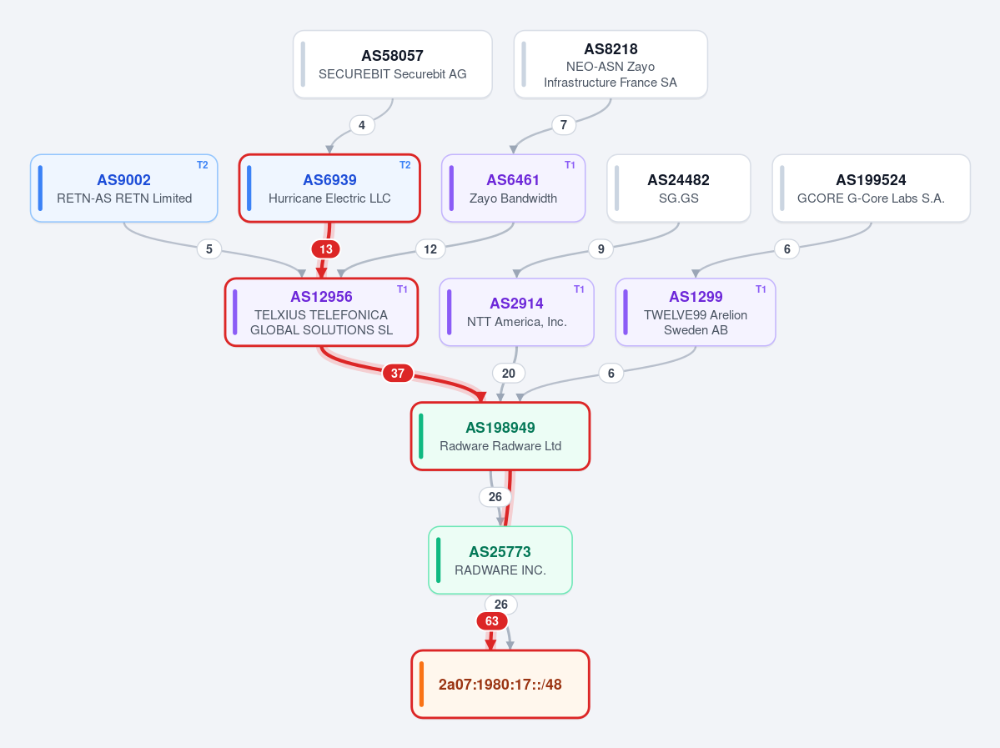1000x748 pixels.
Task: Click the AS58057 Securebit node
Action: pyautogui.click(x=392, y=64)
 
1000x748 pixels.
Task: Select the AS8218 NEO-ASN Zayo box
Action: pyautogui.click(x=611, y=64)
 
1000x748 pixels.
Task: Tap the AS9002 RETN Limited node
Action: pyautogui.click(x=123, y=188)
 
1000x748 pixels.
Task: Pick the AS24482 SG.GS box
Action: pyautogui.click(x=679, y=188)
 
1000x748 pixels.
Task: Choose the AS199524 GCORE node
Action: pyautogui.click(x=872, y=188)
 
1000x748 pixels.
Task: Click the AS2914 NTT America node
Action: pyautogui.click(x=516, y=313)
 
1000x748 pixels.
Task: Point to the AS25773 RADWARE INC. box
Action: pyautogui.click(x=500, y=560)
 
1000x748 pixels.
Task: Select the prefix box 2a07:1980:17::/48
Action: pyautogui.click(x=500, y=685)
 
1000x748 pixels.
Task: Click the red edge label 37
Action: pyautogui.click(x=397, y=373)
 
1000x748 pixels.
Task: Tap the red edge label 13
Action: pyautogui.click(x=326, y=248)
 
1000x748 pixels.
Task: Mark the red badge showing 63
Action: pyautogui.click(x=492, y=621)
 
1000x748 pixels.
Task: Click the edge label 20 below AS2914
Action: pyautogui.click(x=508, y=373)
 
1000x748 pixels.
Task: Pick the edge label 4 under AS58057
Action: pyautogui.click(x=362, y=125)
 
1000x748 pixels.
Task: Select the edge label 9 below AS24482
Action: pyautogui.click(x=601, y=248)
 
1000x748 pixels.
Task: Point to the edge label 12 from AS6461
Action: pyautogui.click(x=430, y=248)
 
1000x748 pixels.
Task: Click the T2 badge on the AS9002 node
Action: pyautogui.click(x=202, y=165)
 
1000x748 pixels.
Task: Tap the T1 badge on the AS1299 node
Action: pyautogui.click(x=761, y=289)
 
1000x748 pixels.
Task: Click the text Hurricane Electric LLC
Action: pyautogui.click(x=329, y=198)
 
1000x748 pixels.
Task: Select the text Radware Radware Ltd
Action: pyautogui.click(x=500, y=446)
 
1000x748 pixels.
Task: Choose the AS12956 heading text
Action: pyautogui.click(x=321, y=297)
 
